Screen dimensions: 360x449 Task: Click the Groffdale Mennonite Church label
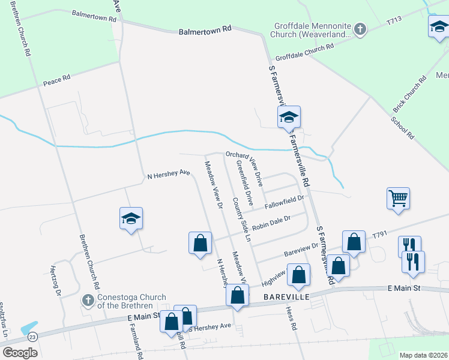coord(312,31)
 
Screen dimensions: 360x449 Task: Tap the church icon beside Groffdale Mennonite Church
coord(360,29)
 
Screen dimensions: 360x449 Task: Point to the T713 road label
coord(394,20)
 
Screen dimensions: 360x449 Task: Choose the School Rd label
coord(402,127)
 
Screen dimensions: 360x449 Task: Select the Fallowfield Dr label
coord(285,201)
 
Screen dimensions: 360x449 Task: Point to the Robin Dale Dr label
coord(271,224)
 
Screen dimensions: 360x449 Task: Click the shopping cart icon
coord(399,198)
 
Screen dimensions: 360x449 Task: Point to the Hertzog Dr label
coord(58,281)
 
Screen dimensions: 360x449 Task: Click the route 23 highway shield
coord(32,337)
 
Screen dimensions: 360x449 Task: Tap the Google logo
coord(20,353)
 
